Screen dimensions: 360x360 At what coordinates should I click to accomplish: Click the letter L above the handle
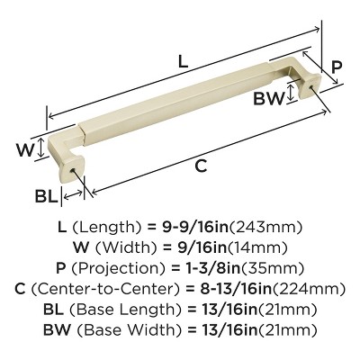183,62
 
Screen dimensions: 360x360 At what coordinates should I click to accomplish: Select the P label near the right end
337,65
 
